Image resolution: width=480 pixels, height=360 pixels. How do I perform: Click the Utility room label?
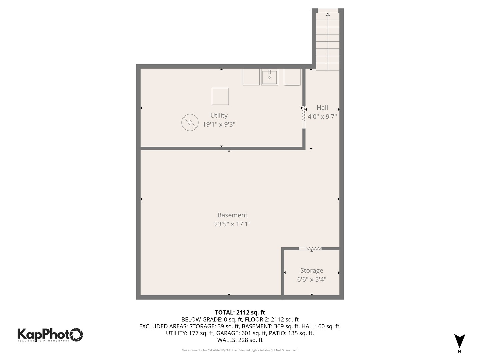(219, 115)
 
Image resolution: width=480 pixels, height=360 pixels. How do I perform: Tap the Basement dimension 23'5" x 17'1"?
(232, 224)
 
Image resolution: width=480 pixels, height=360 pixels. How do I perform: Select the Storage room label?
(312, 270)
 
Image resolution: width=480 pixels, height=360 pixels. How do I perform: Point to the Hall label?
(322, 107)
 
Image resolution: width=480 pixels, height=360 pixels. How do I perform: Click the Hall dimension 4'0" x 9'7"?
(322, 117)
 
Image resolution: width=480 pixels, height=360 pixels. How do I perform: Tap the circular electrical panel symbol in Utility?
(190, 122)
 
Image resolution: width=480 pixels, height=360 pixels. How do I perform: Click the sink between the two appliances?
(269, 77)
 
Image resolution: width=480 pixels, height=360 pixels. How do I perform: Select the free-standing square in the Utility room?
(220, 96)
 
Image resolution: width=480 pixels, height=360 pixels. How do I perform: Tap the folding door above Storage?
(314, 249)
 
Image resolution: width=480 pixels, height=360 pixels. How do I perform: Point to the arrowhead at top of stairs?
(328, 14)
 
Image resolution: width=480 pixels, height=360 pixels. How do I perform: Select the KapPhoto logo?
(50, 335)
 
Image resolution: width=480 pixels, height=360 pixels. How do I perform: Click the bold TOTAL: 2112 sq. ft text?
(240, 312)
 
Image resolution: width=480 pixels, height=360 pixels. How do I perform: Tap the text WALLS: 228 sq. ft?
(240, 340)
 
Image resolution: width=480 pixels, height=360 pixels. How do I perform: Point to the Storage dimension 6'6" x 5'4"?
(312, 279)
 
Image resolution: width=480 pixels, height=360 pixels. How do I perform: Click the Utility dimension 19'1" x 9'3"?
(219, 124)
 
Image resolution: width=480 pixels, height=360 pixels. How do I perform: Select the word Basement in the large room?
(232, 215)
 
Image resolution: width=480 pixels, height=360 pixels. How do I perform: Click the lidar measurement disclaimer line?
(240, 350)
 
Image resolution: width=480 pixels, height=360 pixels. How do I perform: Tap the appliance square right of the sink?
(292, 77)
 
